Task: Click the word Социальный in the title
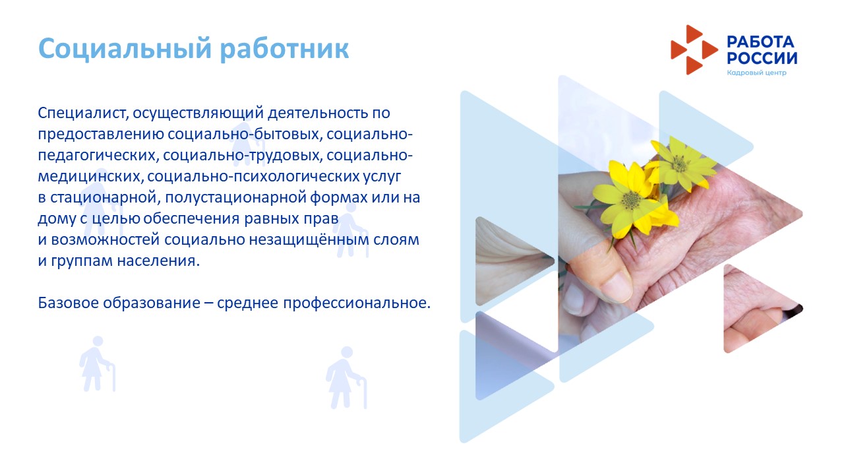(x=125, y=49)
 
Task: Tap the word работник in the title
(x=284, y=49)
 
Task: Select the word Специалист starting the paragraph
(x=83, y=113)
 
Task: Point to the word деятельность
(x=318, y=113)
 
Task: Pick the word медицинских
(x=91, y=176)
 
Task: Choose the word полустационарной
(x=235, y=197)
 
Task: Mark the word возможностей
(x=105, y=239)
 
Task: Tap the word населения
(x=158, y=261)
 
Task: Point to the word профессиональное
(x=357, y=303)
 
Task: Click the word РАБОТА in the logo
(x=760, y=42)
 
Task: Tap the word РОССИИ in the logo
(x=762, y=59)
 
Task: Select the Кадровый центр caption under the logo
(x=756, y=73)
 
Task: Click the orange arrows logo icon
(x=694, y=49)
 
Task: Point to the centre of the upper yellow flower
(x=679, y=164)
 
